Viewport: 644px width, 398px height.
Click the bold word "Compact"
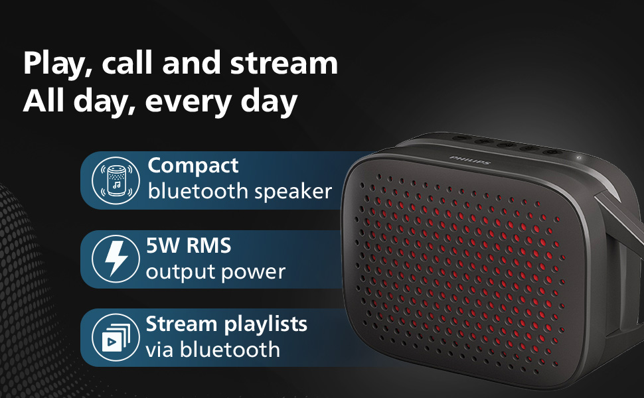click(x=193, y=166)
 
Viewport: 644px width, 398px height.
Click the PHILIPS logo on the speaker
click(x=470, y=161)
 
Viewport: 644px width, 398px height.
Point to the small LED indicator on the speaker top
click(x=579, y=157)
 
